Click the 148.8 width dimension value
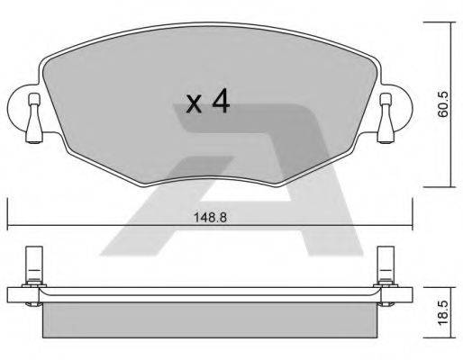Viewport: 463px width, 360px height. tap(210, 217)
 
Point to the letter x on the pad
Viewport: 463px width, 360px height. tap(194, 106)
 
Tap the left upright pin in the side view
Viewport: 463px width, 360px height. tap(31, 262)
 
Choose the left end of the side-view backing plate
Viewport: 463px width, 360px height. tap(11, 292)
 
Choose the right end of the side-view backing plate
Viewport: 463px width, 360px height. tap(408, 292)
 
